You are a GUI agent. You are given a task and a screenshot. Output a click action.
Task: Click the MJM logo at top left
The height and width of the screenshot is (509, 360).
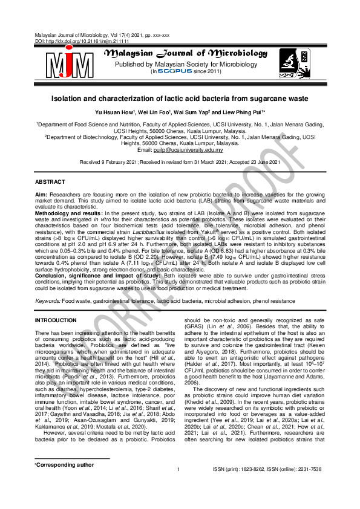[65, 63]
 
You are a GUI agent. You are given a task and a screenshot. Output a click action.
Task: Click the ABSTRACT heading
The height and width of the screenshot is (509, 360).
[50, 181]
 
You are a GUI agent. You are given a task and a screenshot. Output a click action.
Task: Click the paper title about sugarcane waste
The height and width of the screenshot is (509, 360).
[180, 97]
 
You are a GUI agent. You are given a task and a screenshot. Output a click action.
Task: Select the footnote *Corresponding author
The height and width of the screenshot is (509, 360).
[65, 481]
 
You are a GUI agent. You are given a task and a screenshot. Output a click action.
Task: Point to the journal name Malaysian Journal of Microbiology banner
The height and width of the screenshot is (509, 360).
[185, 54]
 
